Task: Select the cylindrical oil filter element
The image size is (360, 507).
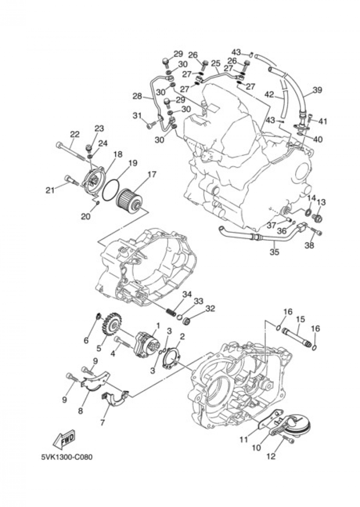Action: tap(130, 198)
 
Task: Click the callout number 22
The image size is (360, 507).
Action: tap(75, 134)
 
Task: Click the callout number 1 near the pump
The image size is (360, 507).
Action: tap(157, 326)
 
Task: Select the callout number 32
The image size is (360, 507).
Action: tap(210, 309)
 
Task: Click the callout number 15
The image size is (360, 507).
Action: tap(300, 319)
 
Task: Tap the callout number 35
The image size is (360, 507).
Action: tap(274, 252)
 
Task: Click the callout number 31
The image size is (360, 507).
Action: tap(137, 116)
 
